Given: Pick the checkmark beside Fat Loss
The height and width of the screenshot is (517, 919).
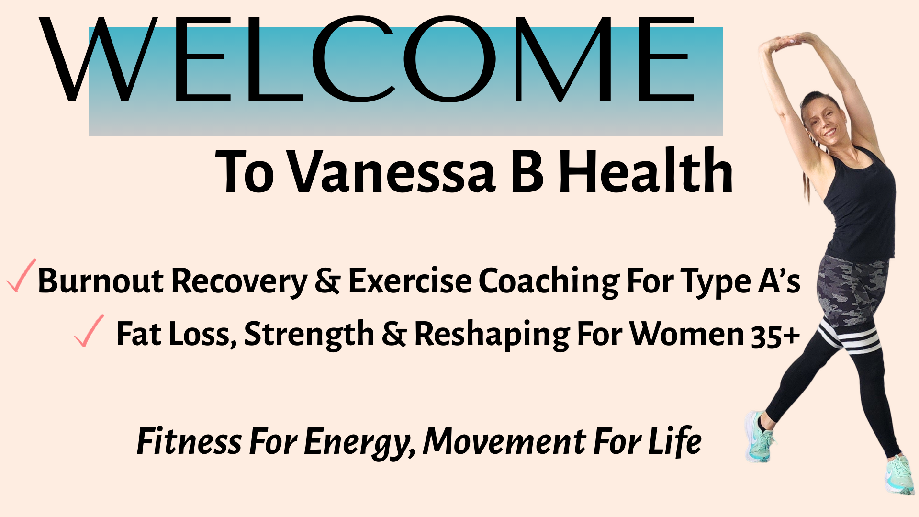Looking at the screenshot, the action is (x=90, y=331).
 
